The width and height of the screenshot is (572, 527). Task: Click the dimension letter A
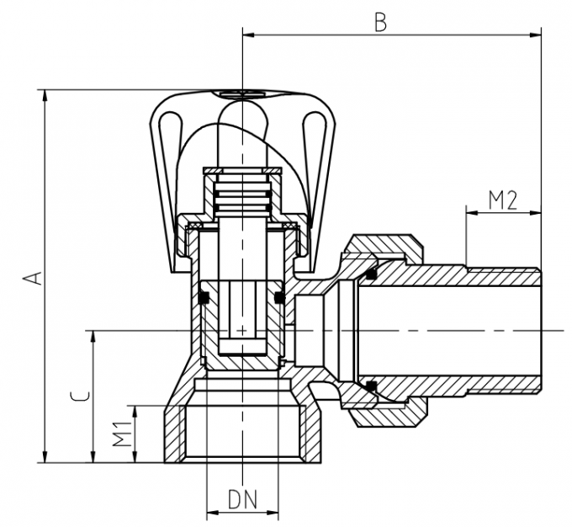(x=33, y=277)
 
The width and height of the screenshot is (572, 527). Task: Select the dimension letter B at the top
(x=380, y=22)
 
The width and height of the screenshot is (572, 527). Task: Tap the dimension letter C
(x=77, y=397)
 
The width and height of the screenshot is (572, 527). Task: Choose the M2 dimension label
(x=502, y=200)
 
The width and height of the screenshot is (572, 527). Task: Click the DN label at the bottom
(x=242, y=499)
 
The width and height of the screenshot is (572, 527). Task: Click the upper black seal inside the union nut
(x=371, y=273)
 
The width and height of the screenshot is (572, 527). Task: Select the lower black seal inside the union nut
(x=371, y=386)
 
